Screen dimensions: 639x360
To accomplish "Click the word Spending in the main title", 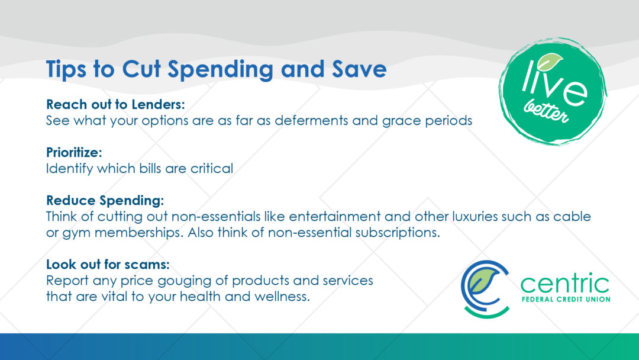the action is click(221, 70).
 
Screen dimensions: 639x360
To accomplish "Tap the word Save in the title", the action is click(359, 69).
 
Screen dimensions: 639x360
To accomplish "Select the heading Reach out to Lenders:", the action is click(115, 104).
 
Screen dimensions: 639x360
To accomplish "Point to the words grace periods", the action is click(427, 121).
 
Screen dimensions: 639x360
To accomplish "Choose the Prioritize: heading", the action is click(74, 153).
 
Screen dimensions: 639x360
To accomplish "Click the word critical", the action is click(211, 168).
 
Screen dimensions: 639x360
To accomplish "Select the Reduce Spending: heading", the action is click(105, 201).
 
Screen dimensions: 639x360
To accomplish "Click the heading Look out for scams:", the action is click(108, 264).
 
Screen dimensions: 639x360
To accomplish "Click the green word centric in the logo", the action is click(565, 284).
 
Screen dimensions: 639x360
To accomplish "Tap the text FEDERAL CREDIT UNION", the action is click(566, 300).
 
